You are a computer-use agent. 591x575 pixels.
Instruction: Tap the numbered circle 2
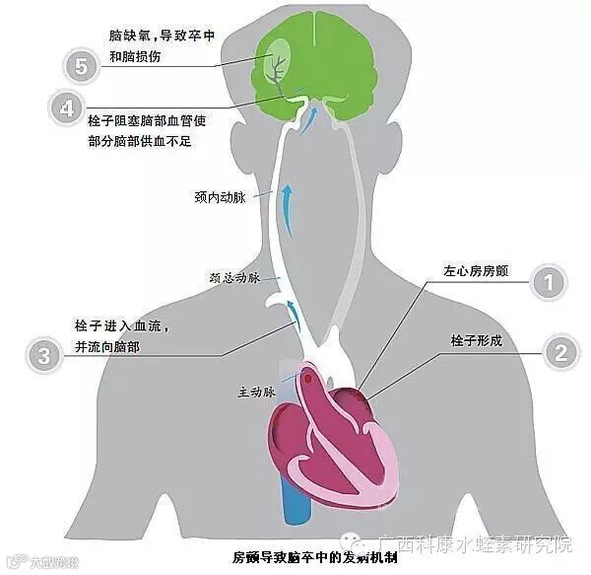558,351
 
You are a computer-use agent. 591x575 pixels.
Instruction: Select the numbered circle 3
43,356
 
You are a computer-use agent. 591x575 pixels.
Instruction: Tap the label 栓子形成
477,340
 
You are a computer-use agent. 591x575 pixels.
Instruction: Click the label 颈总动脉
234,279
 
